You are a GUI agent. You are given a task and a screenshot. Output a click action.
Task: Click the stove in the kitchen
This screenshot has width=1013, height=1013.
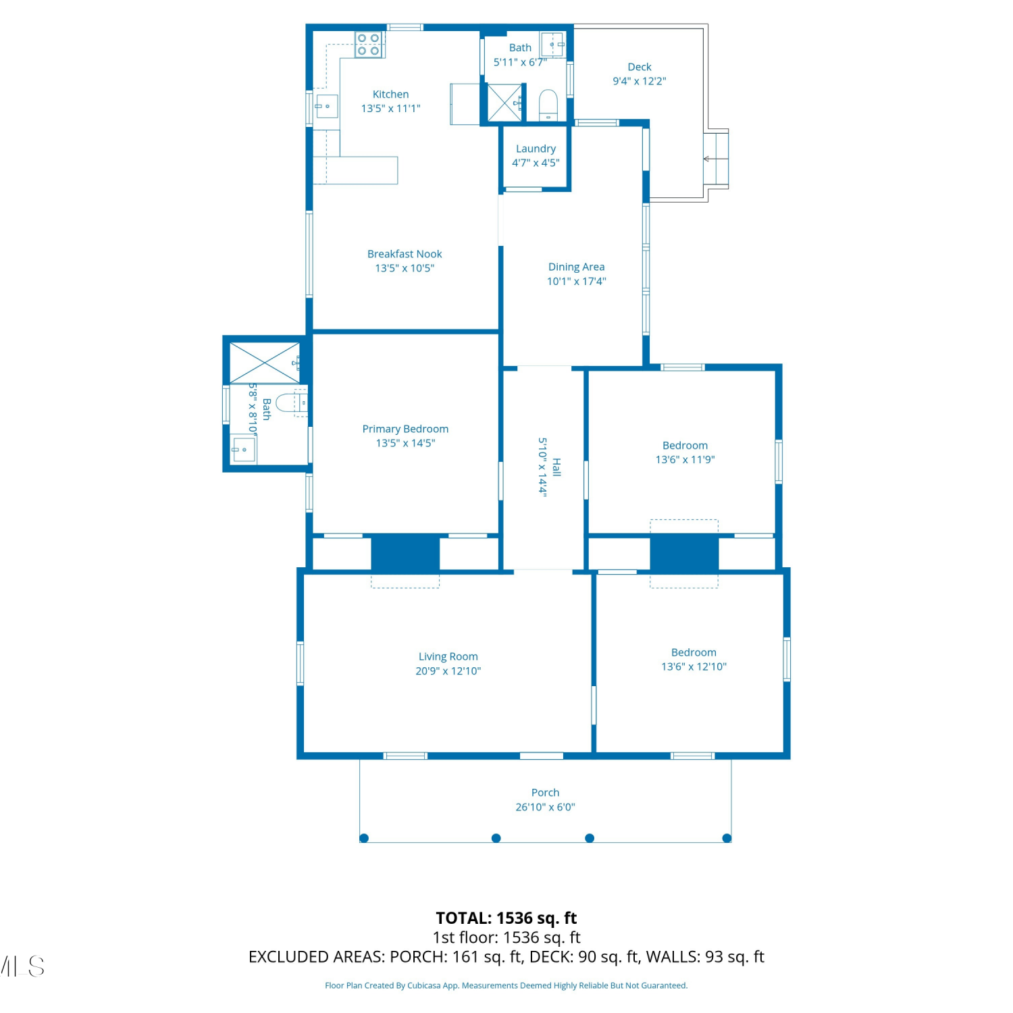click(369, 45)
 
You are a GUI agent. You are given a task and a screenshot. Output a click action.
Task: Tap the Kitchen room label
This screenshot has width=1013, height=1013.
click(390, 95)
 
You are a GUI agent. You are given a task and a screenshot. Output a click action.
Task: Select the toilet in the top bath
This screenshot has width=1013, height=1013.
click(548, 105)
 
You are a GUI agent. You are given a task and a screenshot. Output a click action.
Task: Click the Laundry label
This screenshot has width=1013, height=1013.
click(536, 149)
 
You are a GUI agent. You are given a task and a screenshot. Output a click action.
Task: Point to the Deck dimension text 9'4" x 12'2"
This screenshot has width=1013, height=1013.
click(640, 81)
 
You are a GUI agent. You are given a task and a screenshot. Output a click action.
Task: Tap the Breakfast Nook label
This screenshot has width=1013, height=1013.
click(405, 254)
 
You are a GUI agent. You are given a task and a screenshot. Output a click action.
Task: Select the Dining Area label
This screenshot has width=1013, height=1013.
click(576, 267)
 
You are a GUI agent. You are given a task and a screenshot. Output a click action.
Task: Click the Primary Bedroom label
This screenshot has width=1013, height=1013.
click(405, 429)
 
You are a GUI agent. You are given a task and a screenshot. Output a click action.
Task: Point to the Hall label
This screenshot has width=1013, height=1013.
click(556, 467)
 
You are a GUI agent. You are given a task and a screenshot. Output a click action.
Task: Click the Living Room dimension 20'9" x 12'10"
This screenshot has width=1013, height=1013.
click(448, 671)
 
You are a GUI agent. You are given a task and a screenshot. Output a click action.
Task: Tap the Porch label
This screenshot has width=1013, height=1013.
click(545, 792)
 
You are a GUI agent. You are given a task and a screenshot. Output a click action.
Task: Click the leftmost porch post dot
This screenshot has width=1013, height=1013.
click(364, 838)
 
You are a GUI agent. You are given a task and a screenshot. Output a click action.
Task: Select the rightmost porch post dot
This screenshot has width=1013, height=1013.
click(727, 838)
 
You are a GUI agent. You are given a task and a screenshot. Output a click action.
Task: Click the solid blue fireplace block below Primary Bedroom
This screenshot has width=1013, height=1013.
click(405, 553)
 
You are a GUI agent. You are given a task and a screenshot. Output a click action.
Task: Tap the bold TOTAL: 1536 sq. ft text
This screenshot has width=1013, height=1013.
click(506, 918)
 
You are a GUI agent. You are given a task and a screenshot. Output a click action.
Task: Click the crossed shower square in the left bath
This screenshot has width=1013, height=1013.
click(265, 363)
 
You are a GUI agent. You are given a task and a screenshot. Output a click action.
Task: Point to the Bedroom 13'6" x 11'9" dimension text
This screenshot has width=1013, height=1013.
click(685, 459)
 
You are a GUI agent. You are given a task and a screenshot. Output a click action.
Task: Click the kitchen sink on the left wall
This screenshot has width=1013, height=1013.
click(327, 106)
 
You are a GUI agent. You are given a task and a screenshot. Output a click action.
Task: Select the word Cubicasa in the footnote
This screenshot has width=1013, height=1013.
click(423, 985)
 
